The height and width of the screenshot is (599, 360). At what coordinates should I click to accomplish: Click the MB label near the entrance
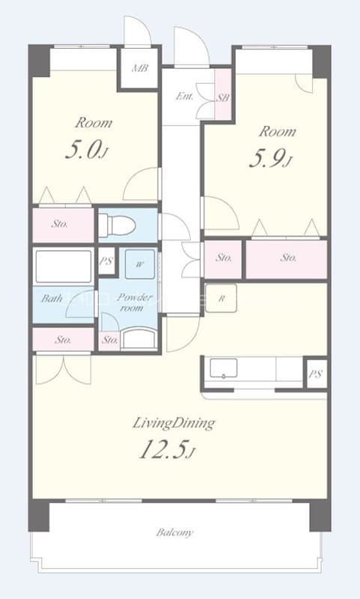pyautogui.click(x=139, y=69)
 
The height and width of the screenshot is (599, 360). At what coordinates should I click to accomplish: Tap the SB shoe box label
pyautogui.click(x=222, y=97)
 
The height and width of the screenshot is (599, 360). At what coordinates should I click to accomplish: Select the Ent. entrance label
pyautogui.click(x=183, y=96)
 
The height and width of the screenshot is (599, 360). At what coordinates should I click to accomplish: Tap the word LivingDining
pyautogui.click(x=174, y=424)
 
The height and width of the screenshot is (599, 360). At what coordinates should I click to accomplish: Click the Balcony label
pyautogui.click(x=174, y=532)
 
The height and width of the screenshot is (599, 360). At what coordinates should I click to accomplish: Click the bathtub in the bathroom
pyautogui.click(x=63, y=266)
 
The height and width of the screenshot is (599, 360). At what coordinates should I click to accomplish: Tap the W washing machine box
pyautogui.click(x=140, y=264)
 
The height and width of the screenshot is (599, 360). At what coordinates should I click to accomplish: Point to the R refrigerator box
pyautogui.click(x=222, y=297)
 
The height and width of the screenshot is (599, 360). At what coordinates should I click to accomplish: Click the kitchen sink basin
pyautogui.click(x=224, y=368)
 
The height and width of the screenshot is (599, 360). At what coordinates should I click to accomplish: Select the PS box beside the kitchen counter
pyautogui.click(x=315, y=372)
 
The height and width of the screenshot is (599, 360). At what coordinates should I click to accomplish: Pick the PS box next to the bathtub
pyautogui.click(x=106, y=261)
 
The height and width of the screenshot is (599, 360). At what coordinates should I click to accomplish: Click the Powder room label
pyautogui.click(x=132, y=302)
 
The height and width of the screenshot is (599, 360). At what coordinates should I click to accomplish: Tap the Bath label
pyautogui.click(x=52, y=299)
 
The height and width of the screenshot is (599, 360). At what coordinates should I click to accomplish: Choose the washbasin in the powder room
pyautogui.click(x=139, y=339)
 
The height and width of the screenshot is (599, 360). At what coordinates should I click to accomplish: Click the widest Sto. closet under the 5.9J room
pyautogui.click(x=288, y=258)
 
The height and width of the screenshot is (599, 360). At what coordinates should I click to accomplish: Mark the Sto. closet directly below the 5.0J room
pyautogui.click(x=61, y=223)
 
